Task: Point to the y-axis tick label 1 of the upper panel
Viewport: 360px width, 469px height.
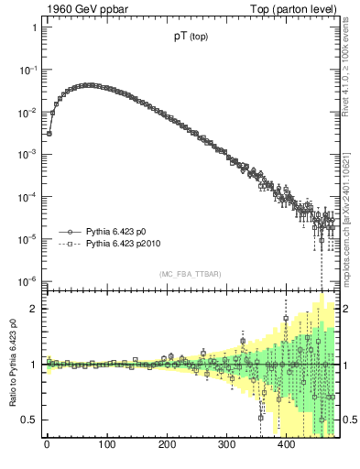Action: [34, 27]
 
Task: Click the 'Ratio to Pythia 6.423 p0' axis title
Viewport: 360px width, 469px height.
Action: [11, 363]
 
